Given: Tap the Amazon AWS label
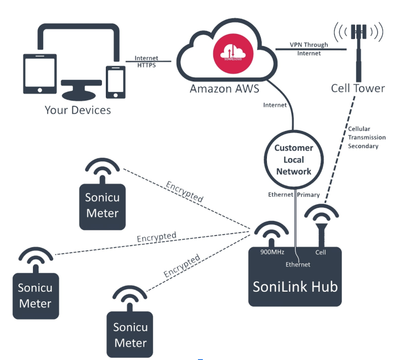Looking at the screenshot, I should click(x=224, y=88).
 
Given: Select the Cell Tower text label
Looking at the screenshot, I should click(x=358, y=88).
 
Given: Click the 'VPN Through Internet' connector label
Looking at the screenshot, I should click(x=309, y=49).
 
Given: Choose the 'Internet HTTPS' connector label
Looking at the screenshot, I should click(x=146, y=62).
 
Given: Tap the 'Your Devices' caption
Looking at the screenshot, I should click(x=77, y=110).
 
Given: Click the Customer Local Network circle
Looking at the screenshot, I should click(x=294, y=160).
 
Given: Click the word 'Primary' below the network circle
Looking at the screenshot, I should click(x=308, y=195).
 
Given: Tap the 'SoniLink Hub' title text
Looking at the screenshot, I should click(x=295, y=287).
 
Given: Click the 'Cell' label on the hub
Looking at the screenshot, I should click(x=320, y=252).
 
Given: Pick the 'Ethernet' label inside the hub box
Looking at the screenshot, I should click(x=298, y=264).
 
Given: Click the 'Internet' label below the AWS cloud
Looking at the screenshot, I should click(x=275, y=105).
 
